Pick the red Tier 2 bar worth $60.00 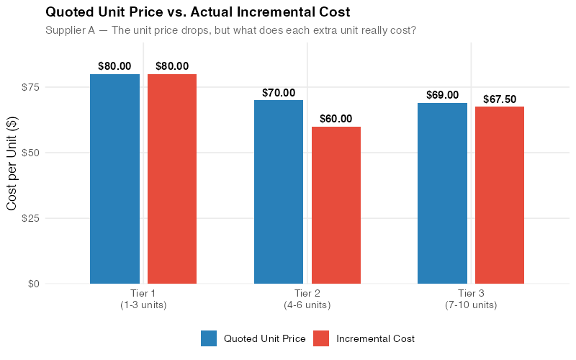point(336,205)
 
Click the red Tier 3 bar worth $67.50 point(500,195)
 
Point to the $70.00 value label point(279,93)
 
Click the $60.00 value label point(336,119)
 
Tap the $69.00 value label point(442,95)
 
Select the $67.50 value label point(500,99)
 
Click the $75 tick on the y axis point(30,87)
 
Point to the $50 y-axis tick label point(30,153)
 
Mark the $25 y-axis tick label point(30,218)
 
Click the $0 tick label point(32,284)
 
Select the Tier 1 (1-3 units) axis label point(143,300)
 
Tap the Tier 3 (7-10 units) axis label point(471,300)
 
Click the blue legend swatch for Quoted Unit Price point(209,338)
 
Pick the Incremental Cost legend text point(375,338)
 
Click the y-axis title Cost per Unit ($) point(12,165)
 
